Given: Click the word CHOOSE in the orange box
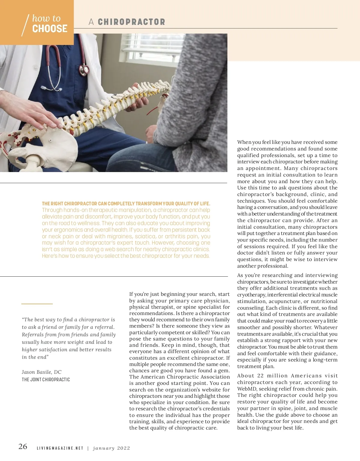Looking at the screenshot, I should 50,29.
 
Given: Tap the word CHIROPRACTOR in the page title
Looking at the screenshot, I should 131,22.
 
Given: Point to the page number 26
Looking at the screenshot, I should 23,446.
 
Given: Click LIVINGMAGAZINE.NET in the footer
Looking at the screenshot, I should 60,448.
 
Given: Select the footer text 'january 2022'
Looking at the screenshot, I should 112,448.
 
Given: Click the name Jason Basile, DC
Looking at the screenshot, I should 41,372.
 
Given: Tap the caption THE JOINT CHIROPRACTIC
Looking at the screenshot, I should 46,379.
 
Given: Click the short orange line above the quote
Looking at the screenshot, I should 37,304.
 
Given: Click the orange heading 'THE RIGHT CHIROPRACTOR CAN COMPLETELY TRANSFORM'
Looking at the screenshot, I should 126,204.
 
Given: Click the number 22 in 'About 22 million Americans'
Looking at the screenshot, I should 260,376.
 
